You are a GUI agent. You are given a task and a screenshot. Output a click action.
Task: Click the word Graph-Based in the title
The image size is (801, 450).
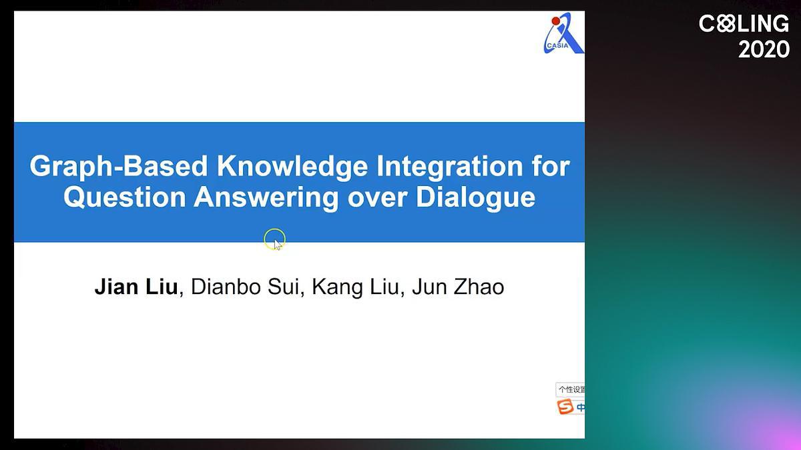[x=118, y=167]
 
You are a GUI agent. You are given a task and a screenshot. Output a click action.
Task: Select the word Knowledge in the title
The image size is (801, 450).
[x=292, y=167]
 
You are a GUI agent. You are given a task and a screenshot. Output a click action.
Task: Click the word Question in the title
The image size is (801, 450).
[x=125, y=197]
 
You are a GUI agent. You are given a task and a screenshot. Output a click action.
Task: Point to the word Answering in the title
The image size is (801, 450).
[x=266, y=197]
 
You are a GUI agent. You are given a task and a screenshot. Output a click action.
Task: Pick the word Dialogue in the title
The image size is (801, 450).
[x=475, y=197]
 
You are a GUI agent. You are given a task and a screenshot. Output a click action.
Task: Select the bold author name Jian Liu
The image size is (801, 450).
[x=136, y=287]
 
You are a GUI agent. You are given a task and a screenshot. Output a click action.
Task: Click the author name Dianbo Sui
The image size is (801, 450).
[x=245, y=287]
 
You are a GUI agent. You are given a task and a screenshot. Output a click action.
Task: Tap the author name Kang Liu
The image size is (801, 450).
[x=355, y=287]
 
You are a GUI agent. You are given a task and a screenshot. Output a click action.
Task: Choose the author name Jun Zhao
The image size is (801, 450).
[x=458, y=287]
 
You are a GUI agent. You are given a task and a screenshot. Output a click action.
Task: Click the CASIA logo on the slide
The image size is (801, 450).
[x=563, y=33]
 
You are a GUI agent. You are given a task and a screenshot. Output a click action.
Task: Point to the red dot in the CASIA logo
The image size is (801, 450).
[x=555, y=21]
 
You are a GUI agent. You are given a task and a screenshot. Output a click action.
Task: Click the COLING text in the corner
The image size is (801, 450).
[x=744, y=23]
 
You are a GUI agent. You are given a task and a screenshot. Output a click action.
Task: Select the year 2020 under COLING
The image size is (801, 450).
[x=764, y=49]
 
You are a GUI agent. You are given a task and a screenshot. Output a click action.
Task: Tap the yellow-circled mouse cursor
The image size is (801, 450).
[x=274, y=239]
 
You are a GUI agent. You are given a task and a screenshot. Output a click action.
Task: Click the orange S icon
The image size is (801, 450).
[x=565, y=407]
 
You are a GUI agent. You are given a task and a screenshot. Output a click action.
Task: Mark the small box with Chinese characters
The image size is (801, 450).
[x=570, y=389]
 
